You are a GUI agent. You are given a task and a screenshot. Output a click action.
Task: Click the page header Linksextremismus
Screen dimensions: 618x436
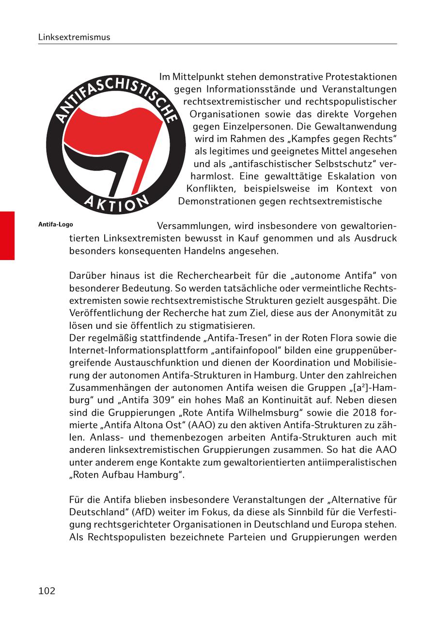[x=74, y=37]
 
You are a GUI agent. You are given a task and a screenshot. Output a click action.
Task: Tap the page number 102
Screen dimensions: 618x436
[x=47, y=590]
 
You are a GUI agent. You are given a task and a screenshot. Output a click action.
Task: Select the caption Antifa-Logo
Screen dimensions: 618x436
[x=56, y=225]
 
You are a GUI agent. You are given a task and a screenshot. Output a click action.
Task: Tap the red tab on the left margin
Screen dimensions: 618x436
[x=7, y=235]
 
